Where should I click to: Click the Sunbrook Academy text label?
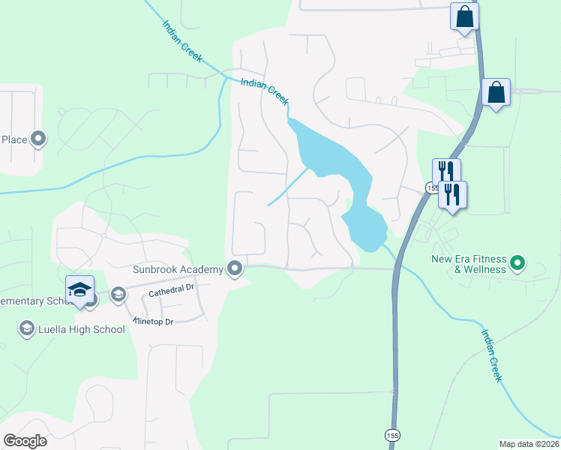[x=178, y=268]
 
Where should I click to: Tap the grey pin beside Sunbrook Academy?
[x=235, y=268]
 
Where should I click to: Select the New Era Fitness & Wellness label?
[x=469, y=264]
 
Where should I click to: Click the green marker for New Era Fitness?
[x=517, y=263]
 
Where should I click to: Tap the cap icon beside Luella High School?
[x=27, y=328]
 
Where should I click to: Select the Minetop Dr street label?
[x=154, y=321]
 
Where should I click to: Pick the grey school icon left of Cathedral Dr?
[x=118, y=294]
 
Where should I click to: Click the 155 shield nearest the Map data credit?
[x=392, y=435]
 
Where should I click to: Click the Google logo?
[x=25, y=440]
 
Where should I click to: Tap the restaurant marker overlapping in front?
[x=452, y=194]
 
